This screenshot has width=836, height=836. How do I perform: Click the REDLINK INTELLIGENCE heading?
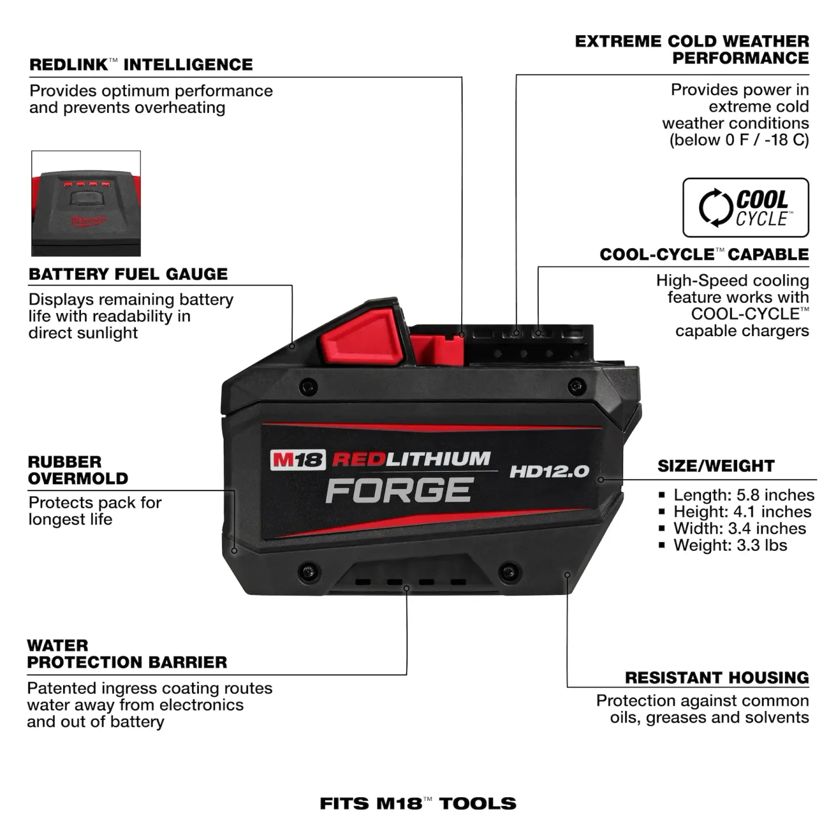tap(141, 64)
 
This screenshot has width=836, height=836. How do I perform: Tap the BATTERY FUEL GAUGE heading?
tap(128, 274)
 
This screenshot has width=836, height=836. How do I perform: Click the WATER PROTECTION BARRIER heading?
tap(127, 654)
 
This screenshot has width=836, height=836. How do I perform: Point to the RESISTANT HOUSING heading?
tap(716, 677)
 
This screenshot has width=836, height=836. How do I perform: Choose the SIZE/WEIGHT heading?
tap(716, 466)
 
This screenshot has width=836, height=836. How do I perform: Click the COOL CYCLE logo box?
tap(745, 208)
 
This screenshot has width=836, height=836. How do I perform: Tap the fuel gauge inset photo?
tap(86, 203)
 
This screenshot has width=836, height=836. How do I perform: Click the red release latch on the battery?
tap(362, 336)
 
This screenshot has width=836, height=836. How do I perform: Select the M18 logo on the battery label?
tap(297, 460)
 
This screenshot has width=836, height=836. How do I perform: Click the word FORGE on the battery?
tap(400, 490)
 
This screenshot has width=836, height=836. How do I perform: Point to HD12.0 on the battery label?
tap(549, 472)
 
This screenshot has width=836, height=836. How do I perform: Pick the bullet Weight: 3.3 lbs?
tap(730, 545)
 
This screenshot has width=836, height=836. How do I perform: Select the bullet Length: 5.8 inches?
tap(743, 495)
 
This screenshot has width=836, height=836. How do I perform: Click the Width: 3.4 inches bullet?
tap(739, 528)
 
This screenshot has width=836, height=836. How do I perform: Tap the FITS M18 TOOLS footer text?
tap(418, 803)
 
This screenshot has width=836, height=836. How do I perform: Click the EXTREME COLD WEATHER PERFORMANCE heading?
tap(692, 50)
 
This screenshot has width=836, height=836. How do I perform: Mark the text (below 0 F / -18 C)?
tap(739, 140)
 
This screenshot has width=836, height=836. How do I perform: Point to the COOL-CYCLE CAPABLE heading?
tap(704, 255)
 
